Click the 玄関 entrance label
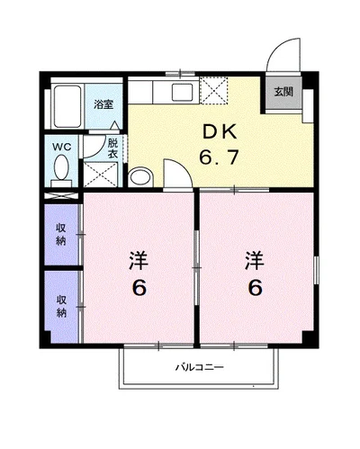coord(283,92)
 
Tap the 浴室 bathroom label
coord(103,104)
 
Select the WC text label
coord(61,148)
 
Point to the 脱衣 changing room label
coord(113,148)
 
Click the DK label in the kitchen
coord(220,132)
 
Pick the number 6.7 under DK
coord(220,157)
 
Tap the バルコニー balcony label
coord(200,367)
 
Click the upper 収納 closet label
coord(61,234)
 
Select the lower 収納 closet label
coord(61,306)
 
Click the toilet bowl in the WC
coord(61,166)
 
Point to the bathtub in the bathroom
coord(67,106)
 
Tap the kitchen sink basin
coord(182,93)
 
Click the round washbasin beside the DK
coord(139,177)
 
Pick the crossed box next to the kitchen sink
coord(214,90)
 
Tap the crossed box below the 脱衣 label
coord(100,175)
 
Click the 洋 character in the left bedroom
coord(139,261)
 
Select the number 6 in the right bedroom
coord(256,288)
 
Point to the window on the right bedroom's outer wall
coord(317,270)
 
